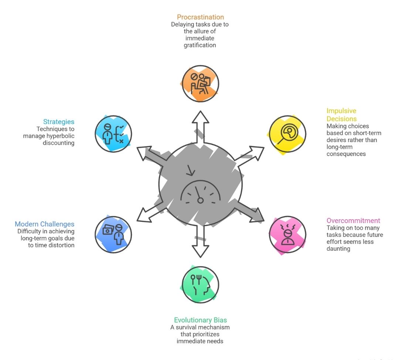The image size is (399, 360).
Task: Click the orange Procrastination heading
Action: coord(200,17)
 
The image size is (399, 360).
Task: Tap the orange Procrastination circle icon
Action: coord(201,83)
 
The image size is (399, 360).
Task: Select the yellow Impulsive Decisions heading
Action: coord(341,114)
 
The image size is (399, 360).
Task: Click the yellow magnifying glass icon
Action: coord(287,134)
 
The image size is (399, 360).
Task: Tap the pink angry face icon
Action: coord(287,234)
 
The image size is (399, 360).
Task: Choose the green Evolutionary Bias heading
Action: coord(200,320)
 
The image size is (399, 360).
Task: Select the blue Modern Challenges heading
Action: coord(44,224)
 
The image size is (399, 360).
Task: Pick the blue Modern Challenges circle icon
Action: coord(113,234)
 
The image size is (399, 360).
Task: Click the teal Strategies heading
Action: coord(59,122)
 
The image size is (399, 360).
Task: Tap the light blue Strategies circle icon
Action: coord(113,134)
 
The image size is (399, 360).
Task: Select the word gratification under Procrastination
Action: coord(200,45)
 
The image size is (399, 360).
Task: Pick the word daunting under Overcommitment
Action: coord(339,249)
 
